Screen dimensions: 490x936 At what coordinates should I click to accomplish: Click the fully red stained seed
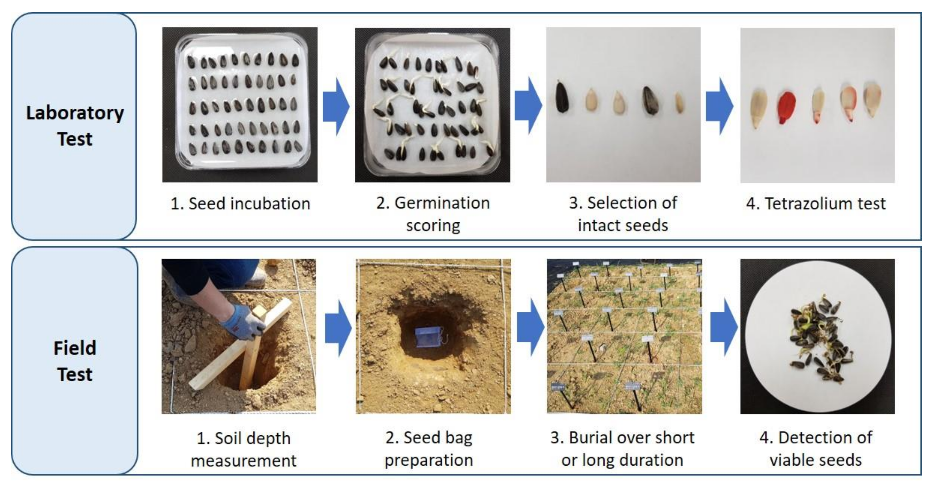(x=787, y=107)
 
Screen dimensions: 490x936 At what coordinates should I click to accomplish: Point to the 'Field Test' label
(x=75, y=361)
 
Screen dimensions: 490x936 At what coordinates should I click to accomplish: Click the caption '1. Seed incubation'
(x=240, y=203)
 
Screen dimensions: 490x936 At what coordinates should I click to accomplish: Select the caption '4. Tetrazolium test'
(x=816, y=203)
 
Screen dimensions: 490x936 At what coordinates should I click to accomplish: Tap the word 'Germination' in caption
(x=442, y=203)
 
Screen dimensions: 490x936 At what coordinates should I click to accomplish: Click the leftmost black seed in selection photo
(x=562, y=98)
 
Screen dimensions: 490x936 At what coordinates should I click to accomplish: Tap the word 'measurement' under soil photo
(x=243, y=461)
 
